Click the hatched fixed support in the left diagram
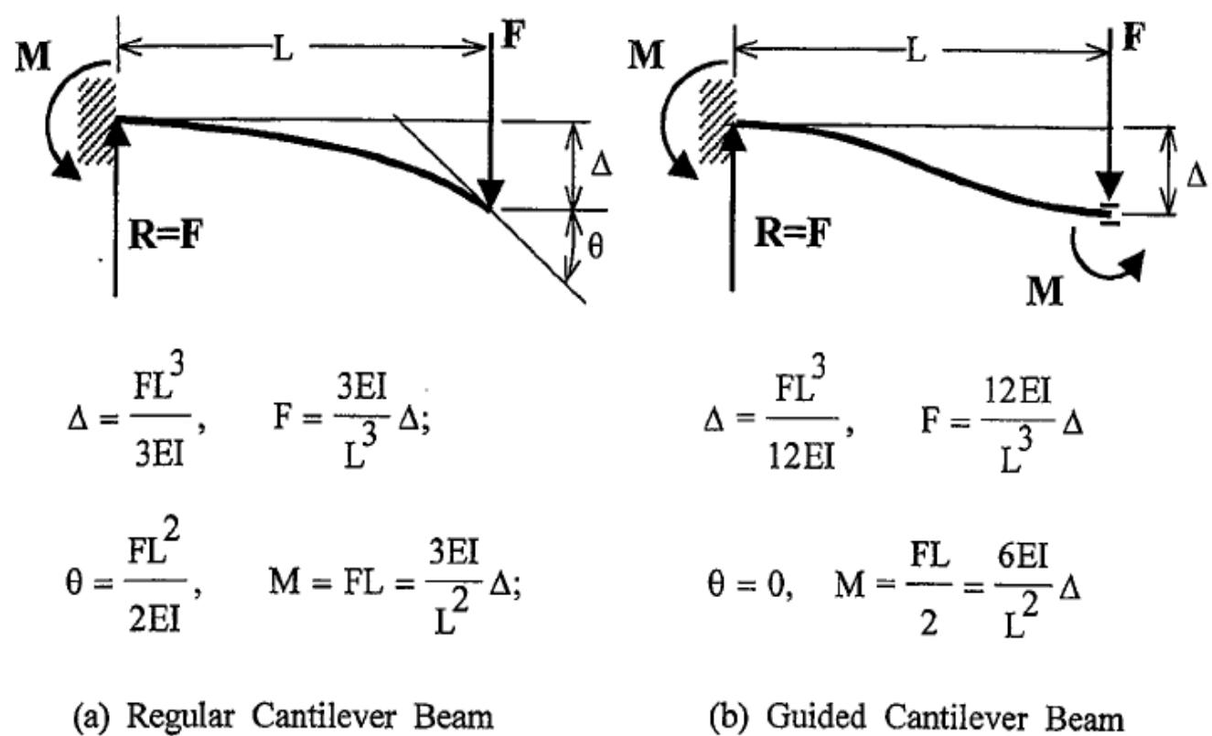99,117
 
